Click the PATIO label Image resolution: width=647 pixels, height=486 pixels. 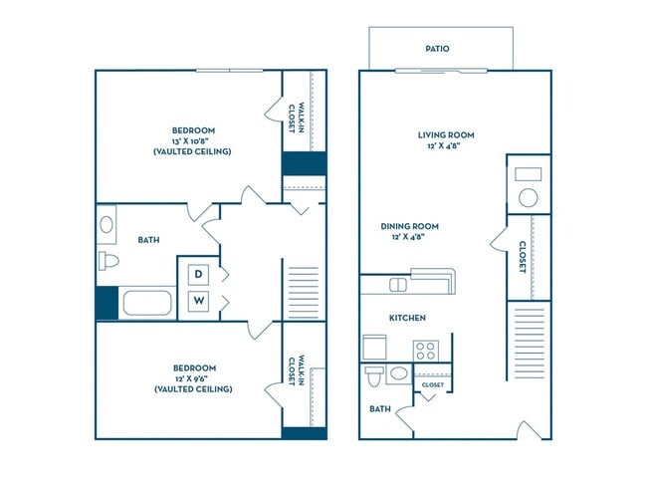pos(437,48)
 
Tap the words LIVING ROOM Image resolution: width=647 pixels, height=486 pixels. pos(445,134)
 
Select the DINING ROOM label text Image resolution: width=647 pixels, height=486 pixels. pos(409,226)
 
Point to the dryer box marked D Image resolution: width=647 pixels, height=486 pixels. pos(199,273)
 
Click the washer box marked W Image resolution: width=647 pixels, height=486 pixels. pos(199,300)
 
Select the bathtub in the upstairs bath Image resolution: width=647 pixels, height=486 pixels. pos(147,303)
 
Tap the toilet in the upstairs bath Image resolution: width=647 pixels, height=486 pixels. pos(108,261)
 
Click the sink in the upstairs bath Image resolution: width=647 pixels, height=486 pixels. pos(107,225)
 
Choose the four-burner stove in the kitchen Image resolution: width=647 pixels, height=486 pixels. pos(426,350)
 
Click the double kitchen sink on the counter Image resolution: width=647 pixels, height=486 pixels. pos(398,285)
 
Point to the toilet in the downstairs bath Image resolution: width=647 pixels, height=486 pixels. pos(374,375)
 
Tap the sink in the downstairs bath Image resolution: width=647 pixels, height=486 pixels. pos(398,374)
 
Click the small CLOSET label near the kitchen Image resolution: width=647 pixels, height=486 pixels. pos(432,384)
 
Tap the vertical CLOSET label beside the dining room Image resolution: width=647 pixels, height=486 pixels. pos(522,257)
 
